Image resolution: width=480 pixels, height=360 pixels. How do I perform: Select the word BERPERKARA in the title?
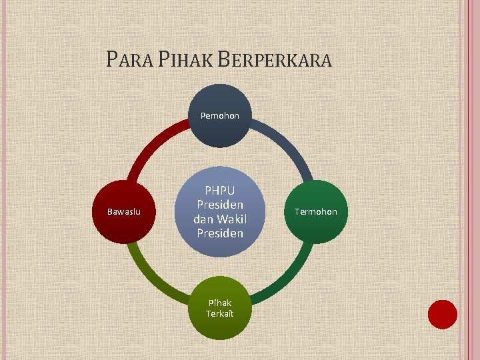pos(274,60)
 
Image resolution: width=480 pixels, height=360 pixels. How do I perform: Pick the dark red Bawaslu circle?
pos(124,212)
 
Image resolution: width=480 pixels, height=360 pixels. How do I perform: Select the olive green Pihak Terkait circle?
pos(219,307)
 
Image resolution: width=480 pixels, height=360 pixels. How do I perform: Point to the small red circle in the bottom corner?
pos(442,314)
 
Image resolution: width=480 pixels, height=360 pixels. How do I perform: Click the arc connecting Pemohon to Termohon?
pos(287,144)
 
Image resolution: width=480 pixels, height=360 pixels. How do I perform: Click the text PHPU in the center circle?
pos(219,191)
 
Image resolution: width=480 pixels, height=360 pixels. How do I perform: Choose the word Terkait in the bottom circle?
pos(219,313)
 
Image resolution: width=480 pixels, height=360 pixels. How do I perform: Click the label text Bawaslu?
pos(124,212)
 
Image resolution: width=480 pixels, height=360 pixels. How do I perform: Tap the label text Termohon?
pos(317,212)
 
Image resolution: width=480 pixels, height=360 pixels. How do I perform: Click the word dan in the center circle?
pos(203,219)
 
